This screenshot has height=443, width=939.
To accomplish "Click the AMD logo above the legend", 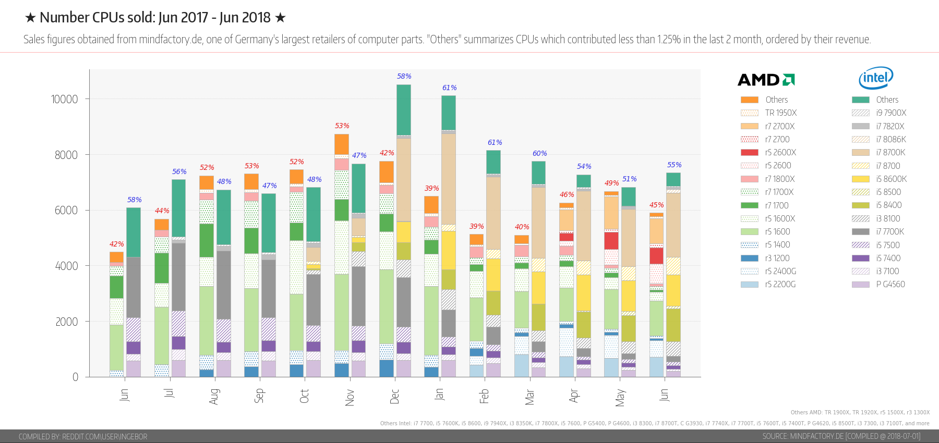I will [x=766, y=80].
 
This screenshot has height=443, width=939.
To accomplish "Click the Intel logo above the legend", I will [x=876, y=78].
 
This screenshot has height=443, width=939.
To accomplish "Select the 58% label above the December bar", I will [x=404, y=76].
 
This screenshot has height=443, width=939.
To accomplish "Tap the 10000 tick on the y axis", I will [x=65, y=99].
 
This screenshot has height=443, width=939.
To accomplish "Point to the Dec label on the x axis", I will [x=394, y=396].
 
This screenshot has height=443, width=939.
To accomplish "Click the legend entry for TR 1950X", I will [x=780, y=113].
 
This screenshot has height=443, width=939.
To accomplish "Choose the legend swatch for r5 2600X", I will [x=750, y=152].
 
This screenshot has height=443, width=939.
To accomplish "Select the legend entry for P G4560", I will [x=890, y=284].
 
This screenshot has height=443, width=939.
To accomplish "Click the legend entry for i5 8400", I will [x=888, y=205].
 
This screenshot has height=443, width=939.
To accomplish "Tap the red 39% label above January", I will [x=431, y=188].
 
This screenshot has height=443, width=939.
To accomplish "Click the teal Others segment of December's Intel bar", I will [x=403, y=109].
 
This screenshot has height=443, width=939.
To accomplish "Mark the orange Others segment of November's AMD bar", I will [x=341, y=144].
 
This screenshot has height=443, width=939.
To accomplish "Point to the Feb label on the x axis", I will [x=484, y=396].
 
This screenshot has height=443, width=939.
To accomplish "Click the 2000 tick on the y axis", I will [x=67, y=322].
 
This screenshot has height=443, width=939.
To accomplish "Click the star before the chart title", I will [x=30, y=18].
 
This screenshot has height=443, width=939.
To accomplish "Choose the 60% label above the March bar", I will [x=539, y=153].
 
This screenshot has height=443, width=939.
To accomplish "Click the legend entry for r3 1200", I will [x=777, y=258].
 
